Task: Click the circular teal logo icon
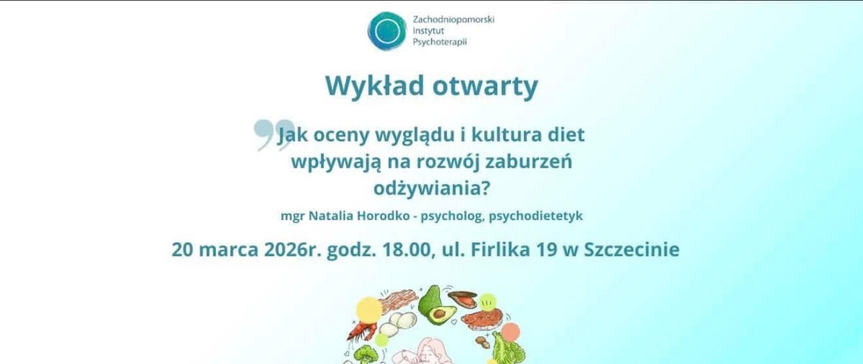point(387,31)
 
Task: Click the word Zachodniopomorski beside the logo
point(454,20)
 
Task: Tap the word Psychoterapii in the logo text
point(440,42)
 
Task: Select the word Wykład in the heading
point(374,85)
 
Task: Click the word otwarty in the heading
point(485,86)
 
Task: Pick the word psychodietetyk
point(536,216)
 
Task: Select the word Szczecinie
point(632,250)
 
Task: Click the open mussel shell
point(463,299)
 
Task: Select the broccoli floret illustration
point(362,355)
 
